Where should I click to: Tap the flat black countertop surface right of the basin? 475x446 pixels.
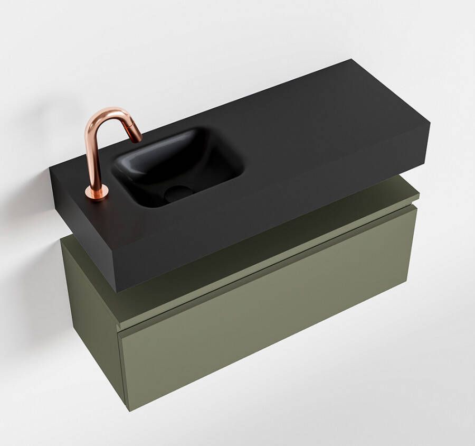point(317,132)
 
